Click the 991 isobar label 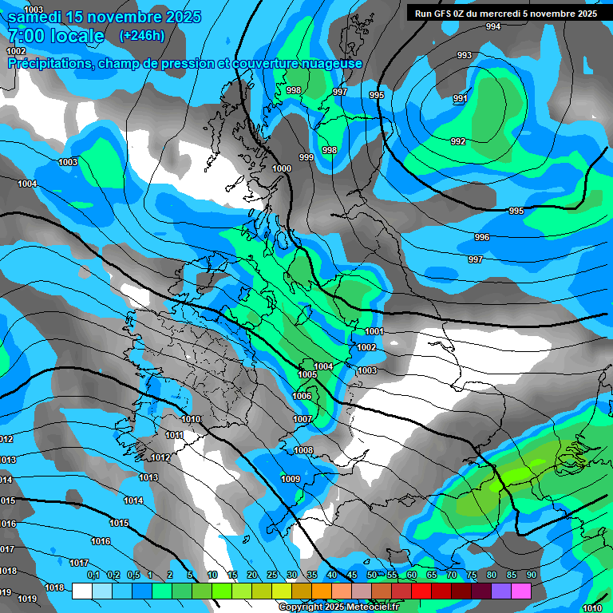point(460,99)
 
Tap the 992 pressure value point(458,141)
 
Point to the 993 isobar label point(464,55)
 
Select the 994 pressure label point(493,27)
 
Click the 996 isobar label point(481,238)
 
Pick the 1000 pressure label point(282,168)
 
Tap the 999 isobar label point(306,158)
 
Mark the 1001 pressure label point(374,331)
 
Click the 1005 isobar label point(307,374)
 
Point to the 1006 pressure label point(302,397)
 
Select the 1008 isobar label point(303,451)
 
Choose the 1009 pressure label point(291,479)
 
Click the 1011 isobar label point(174,436)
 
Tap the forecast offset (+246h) point(141,36)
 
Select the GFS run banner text point(506,14)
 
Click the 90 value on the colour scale point(531,575)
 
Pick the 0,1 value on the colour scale point(93,575)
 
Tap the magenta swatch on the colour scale point(521,591)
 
